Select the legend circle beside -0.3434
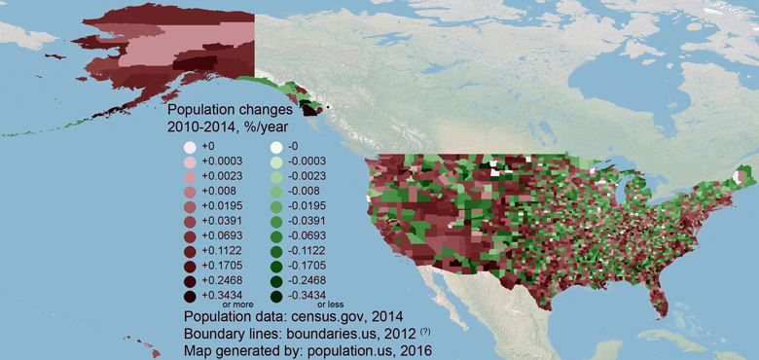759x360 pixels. click(276, 295)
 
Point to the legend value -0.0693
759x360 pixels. click(308, 235)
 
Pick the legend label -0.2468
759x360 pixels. click(308, 279)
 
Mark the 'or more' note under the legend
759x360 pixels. click(238, 305)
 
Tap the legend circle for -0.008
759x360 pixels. click(276, 192)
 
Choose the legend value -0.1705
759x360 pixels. click(308, 265)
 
